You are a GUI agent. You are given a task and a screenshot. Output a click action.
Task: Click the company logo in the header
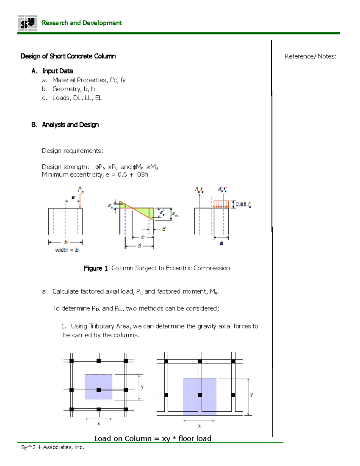(x=27, y=23)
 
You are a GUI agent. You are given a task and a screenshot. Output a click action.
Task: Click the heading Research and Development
(x=82, y=23)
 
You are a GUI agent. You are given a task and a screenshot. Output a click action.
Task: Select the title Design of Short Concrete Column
(x=68, y=56)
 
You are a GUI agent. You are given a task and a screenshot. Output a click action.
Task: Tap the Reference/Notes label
(x=310, y=56)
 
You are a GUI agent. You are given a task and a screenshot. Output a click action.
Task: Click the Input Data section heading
(x=57, y=71)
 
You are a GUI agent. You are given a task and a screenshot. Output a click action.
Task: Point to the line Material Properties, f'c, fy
(x=89, y=80)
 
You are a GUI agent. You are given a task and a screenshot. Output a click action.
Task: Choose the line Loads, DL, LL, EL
(x=77, y=98)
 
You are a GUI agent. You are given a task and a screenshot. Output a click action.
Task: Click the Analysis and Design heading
(x=70, y=125)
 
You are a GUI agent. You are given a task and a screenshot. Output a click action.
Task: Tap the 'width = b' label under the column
(x=67, y=250)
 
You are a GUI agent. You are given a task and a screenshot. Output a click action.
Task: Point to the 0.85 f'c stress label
(x=243, y=204)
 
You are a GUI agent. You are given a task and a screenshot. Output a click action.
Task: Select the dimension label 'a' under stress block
(x=221, y=243)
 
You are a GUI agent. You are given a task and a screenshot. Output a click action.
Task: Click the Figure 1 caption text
(x=157, y=268)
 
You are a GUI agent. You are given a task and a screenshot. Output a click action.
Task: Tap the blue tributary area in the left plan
(x=98, y=387)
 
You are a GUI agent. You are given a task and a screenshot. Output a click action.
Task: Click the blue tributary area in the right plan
(x=199, y=396)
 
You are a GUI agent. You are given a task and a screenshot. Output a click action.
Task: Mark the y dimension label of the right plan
(x=252, y=394)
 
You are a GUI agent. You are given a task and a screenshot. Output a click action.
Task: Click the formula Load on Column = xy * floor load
(x=153, y=438)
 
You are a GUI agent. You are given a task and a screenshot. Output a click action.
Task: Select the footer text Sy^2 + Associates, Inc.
(x=53, y=447)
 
